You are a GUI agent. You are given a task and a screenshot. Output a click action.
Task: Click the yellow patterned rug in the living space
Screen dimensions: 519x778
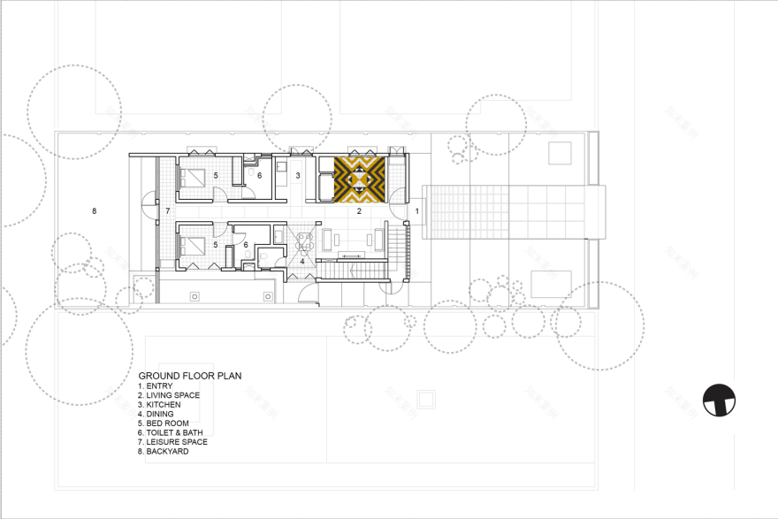click(x=359, y=177)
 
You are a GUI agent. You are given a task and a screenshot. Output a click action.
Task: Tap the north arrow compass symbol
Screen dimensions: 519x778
click(x=720, y=400)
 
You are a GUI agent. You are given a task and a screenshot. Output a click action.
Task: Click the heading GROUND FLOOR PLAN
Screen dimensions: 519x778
click(x=190, y=376)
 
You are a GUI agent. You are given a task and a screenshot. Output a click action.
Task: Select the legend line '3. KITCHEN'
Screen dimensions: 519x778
click(x=159, y=404)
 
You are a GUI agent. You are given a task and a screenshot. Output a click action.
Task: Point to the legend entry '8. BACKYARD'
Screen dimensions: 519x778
click(x=163, y=451)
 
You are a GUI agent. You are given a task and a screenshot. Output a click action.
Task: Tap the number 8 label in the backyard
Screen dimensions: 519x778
click(x=94, y=210)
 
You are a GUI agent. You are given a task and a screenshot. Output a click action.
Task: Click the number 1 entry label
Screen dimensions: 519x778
click(x=417, y=211)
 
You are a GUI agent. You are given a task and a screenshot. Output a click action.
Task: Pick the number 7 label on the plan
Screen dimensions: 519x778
click(x=167, y=211)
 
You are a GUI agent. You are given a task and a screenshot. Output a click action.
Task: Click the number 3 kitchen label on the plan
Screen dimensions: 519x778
click(x=298, y=176)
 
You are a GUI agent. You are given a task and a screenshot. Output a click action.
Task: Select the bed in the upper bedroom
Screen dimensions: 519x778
click(x=194, y=176)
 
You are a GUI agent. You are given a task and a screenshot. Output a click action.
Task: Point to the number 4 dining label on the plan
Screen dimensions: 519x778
click(x=301, y=261)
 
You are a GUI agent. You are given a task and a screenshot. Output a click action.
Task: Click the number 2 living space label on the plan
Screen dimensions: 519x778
click(x=359, y=211)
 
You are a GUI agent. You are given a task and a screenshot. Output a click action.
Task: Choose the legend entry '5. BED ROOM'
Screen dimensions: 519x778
click(x=163, y=423)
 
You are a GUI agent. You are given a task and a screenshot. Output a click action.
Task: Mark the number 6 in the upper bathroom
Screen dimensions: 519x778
click(x=259, y=175)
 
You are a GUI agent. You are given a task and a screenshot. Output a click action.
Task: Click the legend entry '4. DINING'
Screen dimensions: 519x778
click(x=156, y=414)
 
